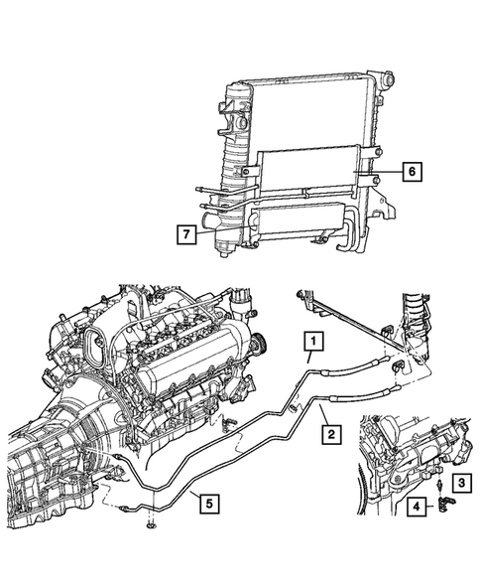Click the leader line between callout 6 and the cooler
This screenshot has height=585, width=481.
[387, 171]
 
